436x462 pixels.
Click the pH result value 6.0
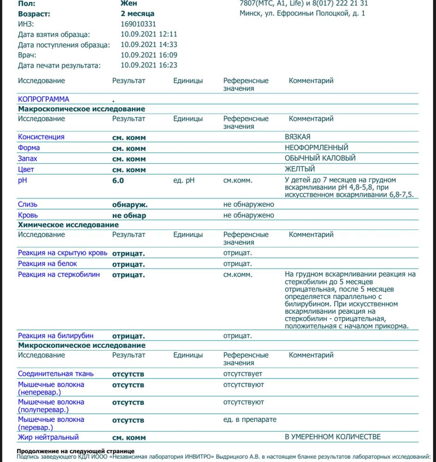118,181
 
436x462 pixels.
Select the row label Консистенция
41,137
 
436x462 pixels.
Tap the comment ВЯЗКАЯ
297,137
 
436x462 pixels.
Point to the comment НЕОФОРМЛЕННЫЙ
316,148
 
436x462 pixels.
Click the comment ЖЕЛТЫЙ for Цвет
300,169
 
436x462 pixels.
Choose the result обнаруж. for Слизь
130,204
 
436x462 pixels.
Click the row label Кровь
28,215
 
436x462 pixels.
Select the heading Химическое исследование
68,225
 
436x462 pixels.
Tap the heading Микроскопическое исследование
81,346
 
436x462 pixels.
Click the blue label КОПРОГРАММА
43,99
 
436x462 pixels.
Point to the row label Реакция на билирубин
55,336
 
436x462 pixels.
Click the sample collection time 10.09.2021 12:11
149,34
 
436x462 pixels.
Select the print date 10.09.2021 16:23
149,65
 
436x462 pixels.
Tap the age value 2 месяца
137,14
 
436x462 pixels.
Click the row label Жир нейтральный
48,437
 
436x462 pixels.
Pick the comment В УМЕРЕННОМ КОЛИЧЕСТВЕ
332,437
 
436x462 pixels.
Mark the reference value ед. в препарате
250,419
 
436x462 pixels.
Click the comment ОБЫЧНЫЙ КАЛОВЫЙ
320,158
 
